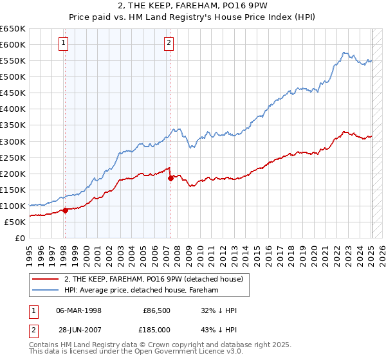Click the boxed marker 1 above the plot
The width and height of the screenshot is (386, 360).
click(x=64, y=44)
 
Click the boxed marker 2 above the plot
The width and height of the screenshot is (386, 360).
click(x=169, y=44)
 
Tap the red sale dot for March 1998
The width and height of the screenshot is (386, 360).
click(x=65, y=210)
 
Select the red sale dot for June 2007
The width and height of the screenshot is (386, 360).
click(x=170, y=178)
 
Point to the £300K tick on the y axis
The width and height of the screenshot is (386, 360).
click(x=12, y=141)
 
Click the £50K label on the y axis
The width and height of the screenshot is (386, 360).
click(x=15, y=222)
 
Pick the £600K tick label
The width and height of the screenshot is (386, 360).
click(x=12, y=44)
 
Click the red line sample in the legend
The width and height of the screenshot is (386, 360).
click(x=46, y=279)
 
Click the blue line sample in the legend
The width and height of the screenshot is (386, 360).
click(x=46, y=290)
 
